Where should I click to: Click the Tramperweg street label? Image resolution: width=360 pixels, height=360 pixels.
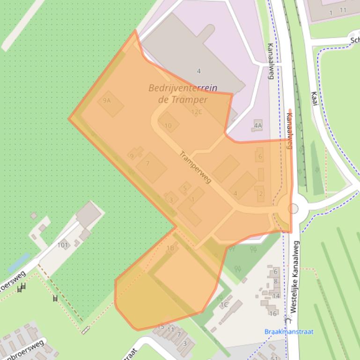coord(195,167)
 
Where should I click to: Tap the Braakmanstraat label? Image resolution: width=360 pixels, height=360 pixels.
coord(289,332)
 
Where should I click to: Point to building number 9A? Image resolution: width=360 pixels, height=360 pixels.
coord(107,101)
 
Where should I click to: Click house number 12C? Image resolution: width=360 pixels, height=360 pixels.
coord(197,112)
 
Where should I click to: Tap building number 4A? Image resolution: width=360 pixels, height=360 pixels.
coord(257,125)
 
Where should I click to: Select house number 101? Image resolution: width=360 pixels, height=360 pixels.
coord(63,245)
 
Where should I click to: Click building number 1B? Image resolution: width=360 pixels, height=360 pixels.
coord(170,248)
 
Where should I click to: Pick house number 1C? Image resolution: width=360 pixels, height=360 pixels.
coord(224,305)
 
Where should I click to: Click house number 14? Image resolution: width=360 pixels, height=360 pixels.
coord(276,296)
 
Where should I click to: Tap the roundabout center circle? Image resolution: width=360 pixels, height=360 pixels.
coord(293,208)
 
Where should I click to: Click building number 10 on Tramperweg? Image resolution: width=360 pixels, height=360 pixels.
coord(168,125)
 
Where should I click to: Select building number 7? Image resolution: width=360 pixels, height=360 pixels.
coord(147,163)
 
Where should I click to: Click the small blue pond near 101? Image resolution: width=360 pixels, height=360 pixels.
coord(18,263)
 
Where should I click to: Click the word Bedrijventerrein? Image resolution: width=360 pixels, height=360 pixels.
coord(176,87)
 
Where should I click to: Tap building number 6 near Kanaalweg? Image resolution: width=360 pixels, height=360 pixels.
coord(260,156)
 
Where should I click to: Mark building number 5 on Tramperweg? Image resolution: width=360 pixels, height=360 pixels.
coord(185,188)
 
